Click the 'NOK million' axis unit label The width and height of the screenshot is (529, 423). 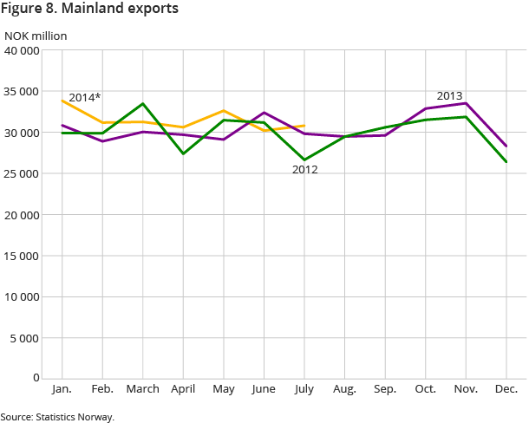(36, 36)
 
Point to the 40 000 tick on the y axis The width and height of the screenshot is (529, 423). (23, 50)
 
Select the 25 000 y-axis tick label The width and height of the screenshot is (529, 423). (23, 173)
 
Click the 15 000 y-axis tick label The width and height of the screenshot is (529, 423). (23, 255)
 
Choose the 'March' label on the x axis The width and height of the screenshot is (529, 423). (143, 389)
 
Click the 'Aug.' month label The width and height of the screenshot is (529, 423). (345, 389)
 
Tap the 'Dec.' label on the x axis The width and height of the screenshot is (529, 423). (506, 389)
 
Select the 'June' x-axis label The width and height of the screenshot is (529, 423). (264, 389)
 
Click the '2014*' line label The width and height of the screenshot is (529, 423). (84, 97)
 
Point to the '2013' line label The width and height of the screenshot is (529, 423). (449, 95)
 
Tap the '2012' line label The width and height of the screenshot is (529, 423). (304, 170)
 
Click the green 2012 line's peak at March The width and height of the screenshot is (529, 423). (143, 104)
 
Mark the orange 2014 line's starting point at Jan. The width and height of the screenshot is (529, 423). (62, 101)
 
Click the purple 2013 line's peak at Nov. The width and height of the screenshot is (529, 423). (467, 103)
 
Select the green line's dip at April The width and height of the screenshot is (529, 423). (184, 153)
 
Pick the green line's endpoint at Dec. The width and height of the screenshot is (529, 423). (506, 162)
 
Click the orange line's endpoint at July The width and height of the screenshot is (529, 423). (304, 126)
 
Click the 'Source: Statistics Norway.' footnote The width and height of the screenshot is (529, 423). (57, 417)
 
